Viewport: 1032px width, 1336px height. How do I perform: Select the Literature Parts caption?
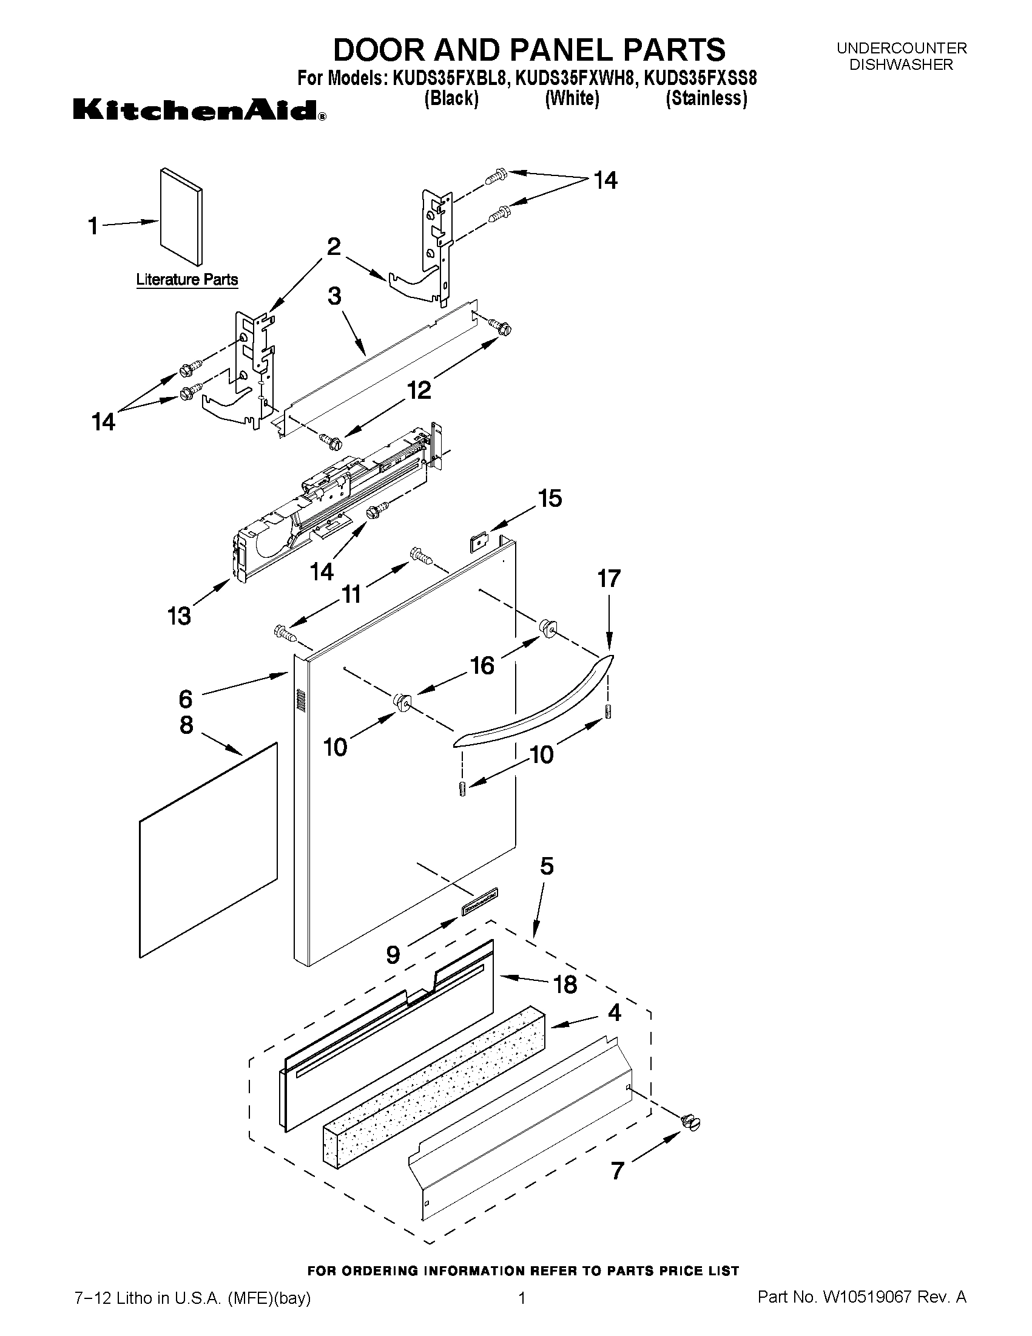pos(186,280)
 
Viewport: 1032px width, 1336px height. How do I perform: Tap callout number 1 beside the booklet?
pos(93,226)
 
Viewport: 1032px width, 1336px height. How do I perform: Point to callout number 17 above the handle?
pos(609,578)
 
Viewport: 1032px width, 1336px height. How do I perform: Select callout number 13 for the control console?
pos(179,615)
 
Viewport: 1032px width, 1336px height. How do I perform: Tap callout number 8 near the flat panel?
pos(186,725)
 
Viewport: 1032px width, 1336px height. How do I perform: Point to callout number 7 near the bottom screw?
pos(618,1171)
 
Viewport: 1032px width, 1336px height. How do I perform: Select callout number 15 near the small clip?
pos(550,498)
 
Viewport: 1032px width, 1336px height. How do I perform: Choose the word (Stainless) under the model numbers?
pos(706,98)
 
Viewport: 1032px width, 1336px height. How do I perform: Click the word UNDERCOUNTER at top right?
pos(901,48)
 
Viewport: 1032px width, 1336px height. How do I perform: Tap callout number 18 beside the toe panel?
pos(564,985)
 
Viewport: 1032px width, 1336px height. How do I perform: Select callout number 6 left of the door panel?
pos(185,698)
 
